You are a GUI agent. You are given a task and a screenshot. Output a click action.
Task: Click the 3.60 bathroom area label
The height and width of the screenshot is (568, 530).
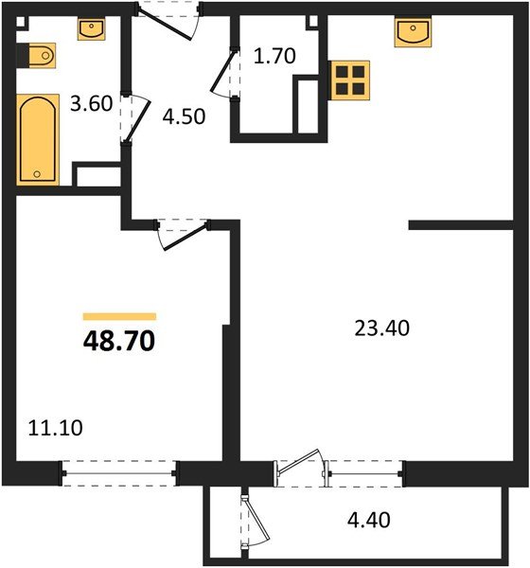(x=92, y=104)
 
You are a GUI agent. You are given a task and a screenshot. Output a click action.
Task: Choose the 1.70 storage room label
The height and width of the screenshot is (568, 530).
(x=275, y=56)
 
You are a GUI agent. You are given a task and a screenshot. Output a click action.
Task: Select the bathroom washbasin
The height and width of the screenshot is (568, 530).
(x=91, y=30)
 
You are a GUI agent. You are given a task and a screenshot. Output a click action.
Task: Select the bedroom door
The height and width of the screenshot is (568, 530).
(x=182, y=232)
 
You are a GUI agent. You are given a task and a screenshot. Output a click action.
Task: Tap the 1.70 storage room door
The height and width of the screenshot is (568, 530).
(x=225, y=76)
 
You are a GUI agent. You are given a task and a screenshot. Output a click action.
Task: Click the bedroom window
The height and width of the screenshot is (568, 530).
(x=119, y=470)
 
